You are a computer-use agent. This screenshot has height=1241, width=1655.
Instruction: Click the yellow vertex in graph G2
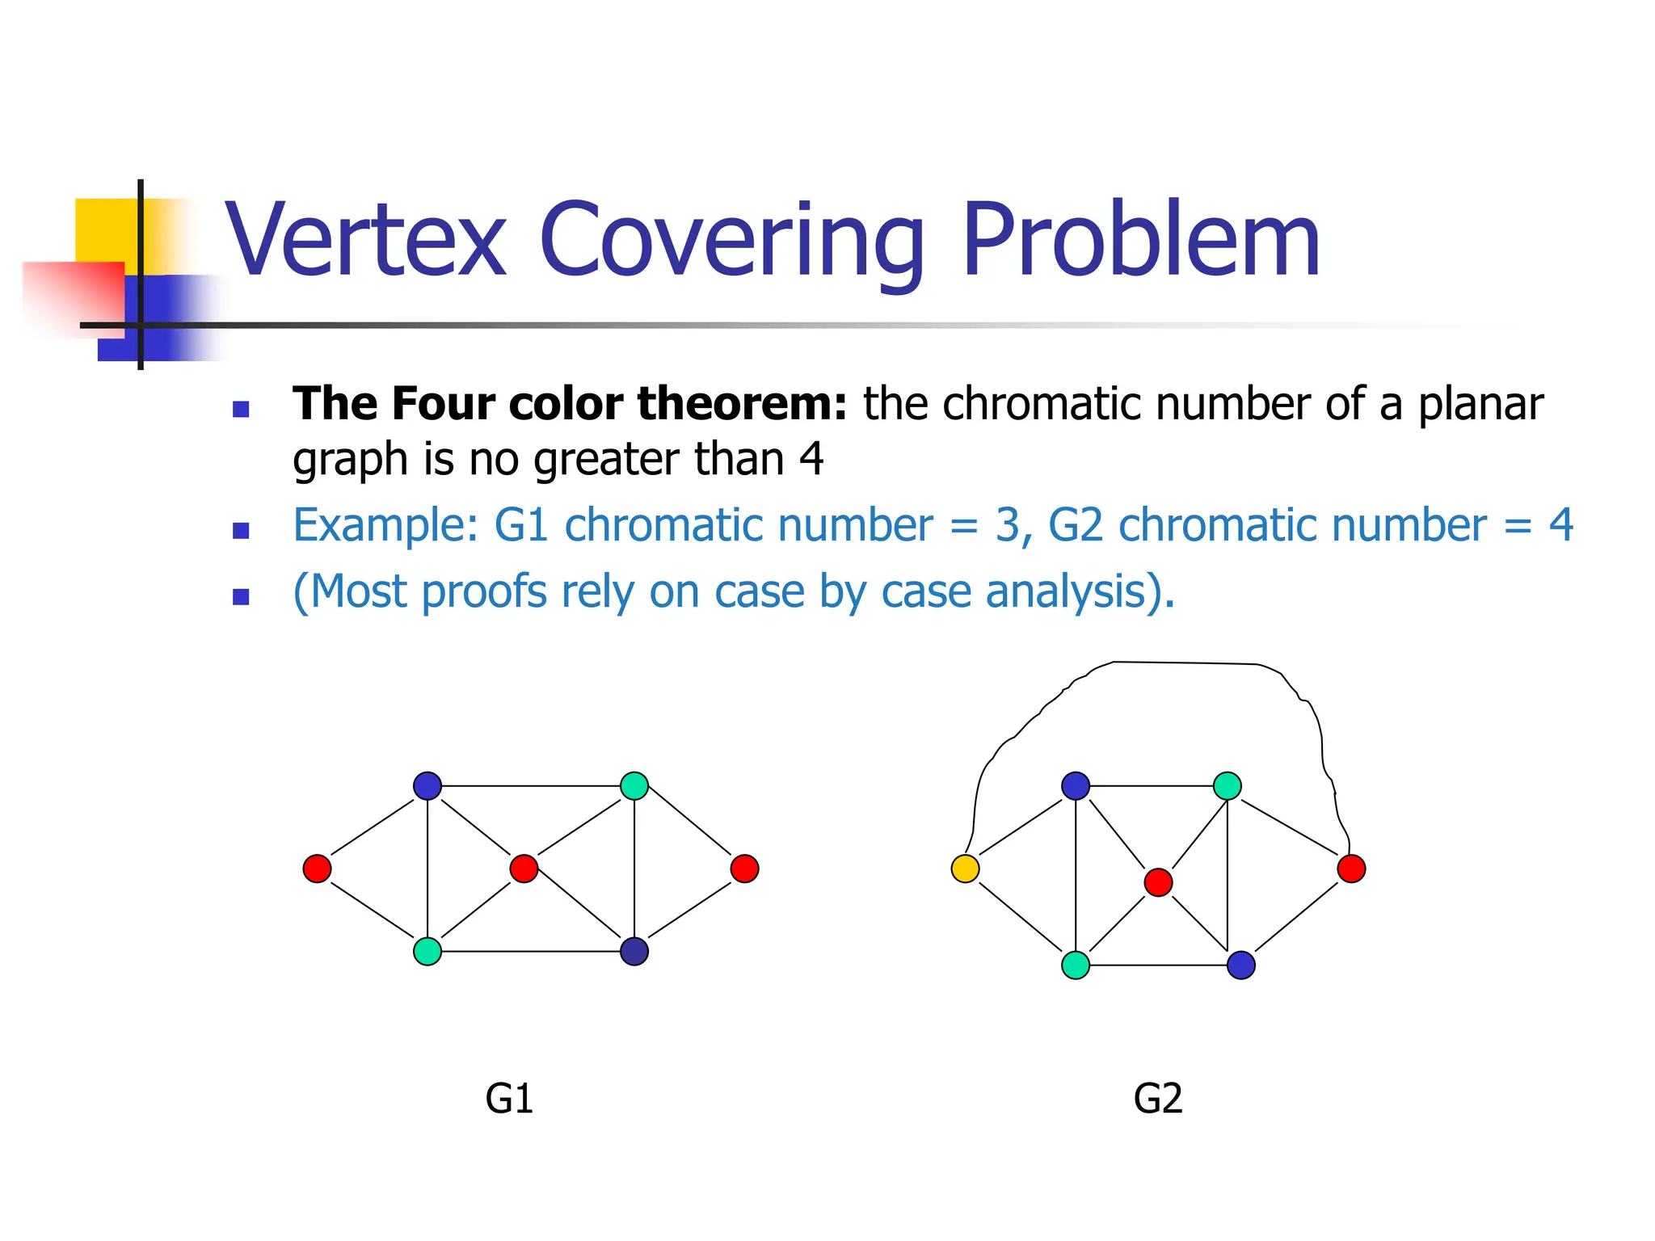pos(965,869)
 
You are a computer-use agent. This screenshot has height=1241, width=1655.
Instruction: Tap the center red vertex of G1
pos(524,869)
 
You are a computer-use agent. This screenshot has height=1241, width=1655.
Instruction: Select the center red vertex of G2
pos(1158,882)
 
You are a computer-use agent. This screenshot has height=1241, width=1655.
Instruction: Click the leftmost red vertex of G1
pos(317,869)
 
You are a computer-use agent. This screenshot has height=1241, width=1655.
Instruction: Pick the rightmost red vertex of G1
pos(744,869)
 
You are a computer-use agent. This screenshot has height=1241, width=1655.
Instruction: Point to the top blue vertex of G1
pos(427,785)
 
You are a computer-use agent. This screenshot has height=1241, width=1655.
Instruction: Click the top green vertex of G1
pos(634,785)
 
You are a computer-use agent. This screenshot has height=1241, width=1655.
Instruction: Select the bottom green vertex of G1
pos(427,951)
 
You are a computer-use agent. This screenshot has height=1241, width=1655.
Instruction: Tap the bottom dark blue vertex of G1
pos(634,951)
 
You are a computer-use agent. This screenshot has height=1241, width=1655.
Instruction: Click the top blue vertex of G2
pos(1076,785)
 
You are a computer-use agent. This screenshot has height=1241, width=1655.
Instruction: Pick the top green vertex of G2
pos(1228,785)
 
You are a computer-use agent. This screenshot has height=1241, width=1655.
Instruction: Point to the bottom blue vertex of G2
pos(1241,965)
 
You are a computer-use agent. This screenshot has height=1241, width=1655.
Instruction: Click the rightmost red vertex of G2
pos(1351,869)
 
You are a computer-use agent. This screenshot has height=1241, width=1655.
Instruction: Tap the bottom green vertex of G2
pos(1076,965)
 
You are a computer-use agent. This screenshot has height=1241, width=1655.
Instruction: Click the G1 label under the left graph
pos(509,1099)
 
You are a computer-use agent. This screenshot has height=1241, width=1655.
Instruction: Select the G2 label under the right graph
pos(1158,1099)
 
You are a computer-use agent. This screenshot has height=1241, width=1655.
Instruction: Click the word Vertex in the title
pos(366,241)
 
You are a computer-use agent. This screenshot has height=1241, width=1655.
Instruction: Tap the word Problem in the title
pos(1141,241)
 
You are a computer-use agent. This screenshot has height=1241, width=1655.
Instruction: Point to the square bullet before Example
pos(240,531)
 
